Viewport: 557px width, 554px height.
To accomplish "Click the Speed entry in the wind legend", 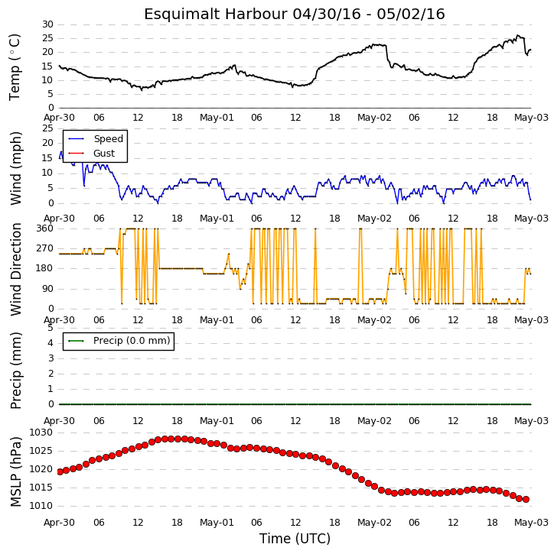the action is coord(109,138).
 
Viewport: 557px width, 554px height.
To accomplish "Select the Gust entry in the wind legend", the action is coord(104,154).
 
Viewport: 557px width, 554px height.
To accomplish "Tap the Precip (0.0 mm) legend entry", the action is coord(132,341).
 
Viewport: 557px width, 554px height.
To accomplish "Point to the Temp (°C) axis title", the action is coord(15,67).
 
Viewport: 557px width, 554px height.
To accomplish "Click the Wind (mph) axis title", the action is coord(15,168).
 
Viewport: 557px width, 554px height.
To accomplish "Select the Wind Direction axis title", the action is coord(15,269).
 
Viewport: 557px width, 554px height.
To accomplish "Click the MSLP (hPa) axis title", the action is coord(15,471).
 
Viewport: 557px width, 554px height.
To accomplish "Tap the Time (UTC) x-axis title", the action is coord(295,539).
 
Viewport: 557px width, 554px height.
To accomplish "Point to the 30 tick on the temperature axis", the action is coord(47,24).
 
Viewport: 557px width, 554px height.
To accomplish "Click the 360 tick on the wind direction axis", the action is coord(44,228).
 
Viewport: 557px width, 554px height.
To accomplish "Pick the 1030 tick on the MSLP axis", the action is coord(41,433).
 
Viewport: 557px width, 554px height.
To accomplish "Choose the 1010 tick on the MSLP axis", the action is coord(41,506).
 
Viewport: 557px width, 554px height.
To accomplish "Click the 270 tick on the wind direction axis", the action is coord(44,248).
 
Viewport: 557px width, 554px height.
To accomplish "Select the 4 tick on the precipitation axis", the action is coord(50,343).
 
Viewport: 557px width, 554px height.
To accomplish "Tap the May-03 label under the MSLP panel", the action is coord(532,523).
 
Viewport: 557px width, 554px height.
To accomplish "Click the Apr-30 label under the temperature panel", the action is coord(60,118).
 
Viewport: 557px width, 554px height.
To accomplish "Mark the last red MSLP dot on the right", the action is coord(526,500).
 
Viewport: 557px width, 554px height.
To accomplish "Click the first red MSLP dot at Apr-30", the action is coord(60,471).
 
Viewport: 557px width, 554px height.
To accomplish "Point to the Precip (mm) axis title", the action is coord(15,371).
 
